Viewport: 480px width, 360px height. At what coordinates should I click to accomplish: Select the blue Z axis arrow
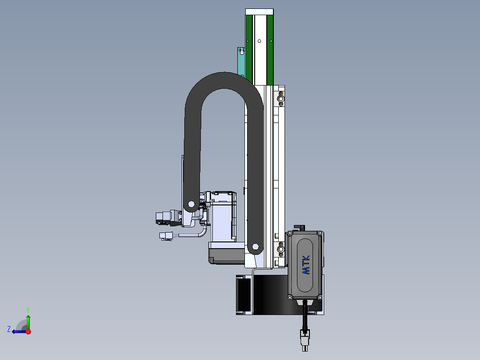[x=19, y=331]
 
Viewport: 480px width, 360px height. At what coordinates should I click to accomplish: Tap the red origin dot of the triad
[x=28, y=331]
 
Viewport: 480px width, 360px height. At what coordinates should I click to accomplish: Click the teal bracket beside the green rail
[x=241, y=62]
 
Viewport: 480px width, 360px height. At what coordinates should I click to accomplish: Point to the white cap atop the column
[x=259, y=12]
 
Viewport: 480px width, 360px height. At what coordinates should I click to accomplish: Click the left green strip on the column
[x=249, y=49]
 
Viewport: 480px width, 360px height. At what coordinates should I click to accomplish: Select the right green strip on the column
[x=270, y=49]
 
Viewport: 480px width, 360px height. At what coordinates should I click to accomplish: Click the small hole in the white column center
[x=259, y=41]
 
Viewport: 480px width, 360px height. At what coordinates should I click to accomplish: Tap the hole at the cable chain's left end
[x=191, y=204]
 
